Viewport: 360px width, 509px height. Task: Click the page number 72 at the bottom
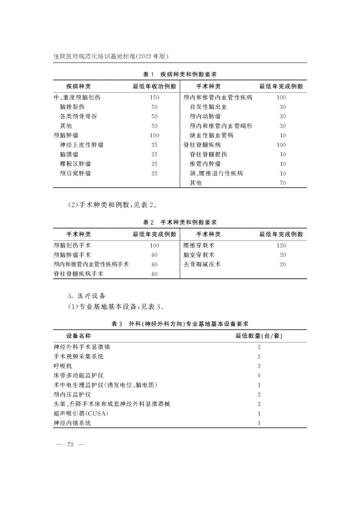tap(70, 445)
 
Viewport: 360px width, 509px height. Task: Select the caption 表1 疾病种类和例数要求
tap(180, 74)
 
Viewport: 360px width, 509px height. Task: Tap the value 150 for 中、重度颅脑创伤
tap(154, 97)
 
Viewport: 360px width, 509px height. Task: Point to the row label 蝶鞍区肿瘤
tap(75, 164)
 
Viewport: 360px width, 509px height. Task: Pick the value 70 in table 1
tap(283, 183)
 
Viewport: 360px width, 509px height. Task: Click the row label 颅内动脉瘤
tap(205, 116)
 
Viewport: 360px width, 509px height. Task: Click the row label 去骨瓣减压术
tap(202, 264)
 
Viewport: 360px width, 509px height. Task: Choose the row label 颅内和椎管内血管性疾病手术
tap(91, 264)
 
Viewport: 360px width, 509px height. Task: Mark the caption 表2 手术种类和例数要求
tap(180, 222)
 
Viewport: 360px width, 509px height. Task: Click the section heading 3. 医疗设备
tap(86, 296)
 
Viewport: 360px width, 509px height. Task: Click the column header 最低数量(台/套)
tap(260, 336)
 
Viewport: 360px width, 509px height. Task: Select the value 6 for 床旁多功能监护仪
tap(260, 375)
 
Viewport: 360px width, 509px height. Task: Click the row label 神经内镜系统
tap(72, 423)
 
